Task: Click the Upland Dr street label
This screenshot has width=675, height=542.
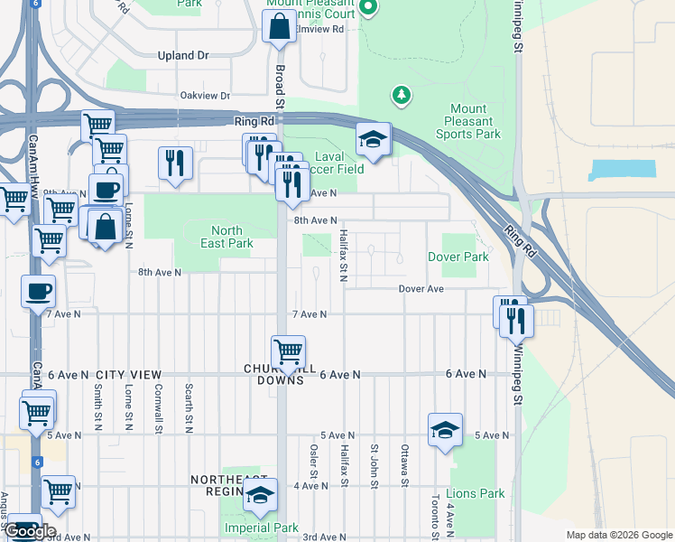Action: pos(182,55)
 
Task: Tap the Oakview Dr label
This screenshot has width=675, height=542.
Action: pos(205,95)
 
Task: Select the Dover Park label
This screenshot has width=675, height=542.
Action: pos(458,257)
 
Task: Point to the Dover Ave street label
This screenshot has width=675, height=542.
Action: pos(422,289)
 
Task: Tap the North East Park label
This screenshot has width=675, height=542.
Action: pos(226,237)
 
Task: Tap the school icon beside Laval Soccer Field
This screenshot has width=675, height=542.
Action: pos(373,140)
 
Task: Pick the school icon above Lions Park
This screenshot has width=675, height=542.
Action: pos(445,431)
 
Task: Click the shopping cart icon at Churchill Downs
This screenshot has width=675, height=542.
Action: pos(288,351)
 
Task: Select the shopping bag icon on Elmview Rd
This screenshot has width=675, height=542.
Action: pos(279,27)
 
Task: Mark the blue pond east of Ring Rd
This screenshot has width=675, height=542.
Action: pos(622,168)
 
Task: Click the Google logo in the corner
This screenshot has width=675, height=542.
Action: pos(30,530)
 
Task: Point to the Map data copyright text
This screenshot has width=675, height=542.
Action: pos(618,534)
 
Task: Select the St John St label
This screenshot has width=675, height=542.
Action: pos(374,463)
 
